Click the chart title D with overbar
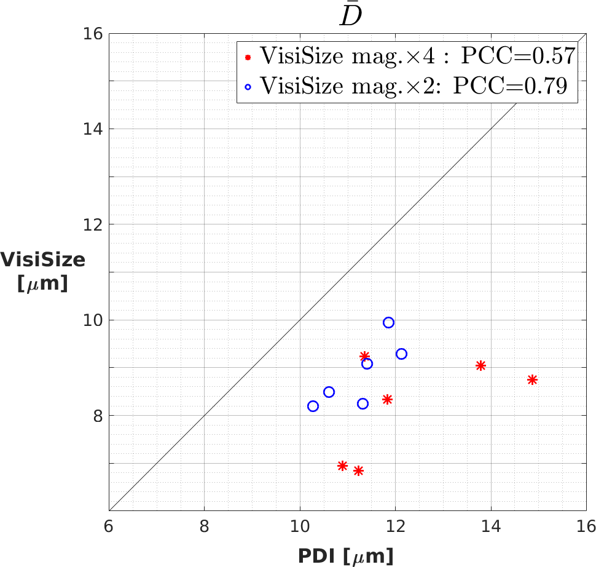[352, 15]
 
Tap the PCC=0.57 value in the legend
[517, 57]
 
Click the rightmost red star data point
[532, 380]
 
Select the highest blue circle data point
[388, 322]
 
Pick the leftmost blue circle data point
[313, 406]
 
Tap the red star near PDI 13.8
[480, 365]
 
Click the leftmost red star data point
[343, 466]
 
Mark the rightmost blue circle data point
[401, 354]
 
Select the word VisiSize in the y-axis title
[43, 260]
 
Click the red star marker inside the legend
[248, 57]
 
